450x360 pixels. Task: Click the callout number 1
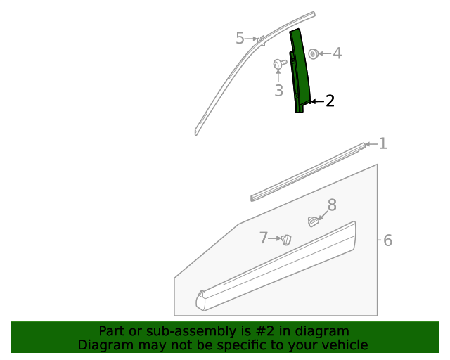[382, 144]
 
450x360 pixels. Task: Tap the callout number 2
[330, 101]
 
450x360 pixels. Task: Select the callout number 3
[278, 90]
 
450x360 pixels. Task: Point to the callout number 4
[337, 53]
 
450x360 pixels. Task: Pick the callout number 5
[240, 39]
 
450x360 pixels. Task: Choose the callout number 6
[387, 240]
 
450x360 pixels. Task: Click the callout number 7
[264, 238]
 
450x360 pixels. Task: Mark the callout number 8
[332, 205]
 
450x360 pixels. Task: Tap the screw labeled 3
[279, 64]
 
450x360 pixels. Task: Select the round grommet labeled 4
[314, 53]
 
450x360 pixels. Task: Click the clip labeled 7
[286, 240]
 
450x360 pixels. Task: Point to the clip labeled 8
[313, 222]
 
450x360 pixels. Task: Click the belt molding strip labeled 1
[309, 172]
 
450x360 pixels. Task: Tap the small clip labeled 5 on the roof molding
[261, 39]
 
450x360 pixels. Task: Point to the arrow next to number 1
[371, 144]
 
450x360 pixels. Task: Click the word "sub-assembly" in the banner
[192, 331]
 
